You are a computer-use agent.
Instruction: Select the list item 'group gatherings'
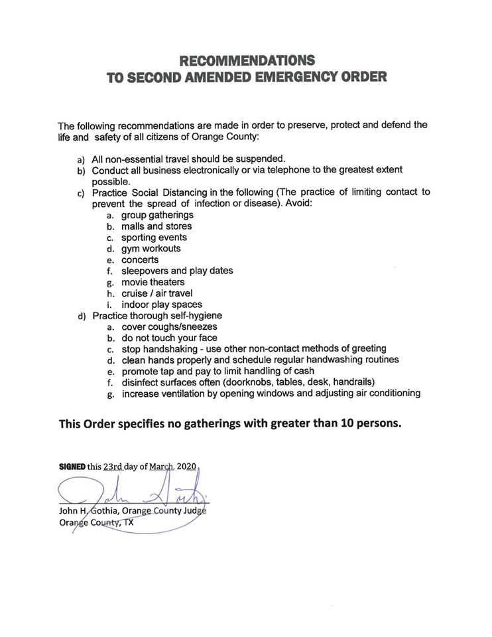point(157,215)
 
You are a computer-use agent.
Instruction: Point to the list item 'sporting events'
point(154,238)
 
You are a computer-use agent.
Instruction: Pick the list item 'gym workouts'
point(151,249)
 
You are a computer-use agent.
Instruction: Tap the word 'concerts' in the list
point(140,260)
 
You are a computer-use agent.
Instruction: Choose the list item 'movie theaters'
point(153,282)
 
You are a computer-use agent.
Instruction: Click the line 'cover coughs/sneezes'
point(169,326)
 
